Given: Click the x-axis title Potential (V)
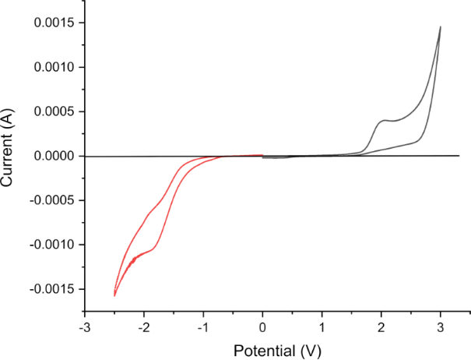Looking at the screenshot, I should click(262, 350).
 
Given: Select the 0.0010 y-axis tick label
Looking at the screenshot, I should click(54, 68).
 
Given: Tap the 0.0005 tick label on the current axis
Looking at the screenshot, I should click(54, 112).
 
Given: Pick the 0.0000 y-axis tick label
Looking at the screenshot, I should click(54, 157).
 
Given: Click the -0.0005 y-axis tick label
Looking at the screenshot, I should click(52, 201).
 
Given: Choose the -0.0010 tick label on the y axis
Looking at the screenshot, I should click(52, 245).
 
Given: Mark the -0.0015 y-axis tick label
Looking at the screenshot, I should click(52, 290).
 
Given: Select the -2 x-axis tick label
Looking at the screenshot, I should click(142, 327).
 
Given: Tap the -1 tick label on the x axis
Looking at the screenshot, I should click(202, 327).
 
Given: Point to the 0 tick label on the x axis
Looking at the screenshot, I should click(262, 327).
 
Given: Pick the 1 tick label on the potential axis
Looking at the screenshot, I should click(322, 327).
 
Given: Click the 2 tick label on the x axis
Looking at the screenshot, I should click(381, 327).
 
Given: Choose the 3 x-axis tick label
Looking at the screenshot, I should click(441, 327).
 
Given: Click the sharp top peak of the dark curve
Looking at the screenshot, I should click(441, 26).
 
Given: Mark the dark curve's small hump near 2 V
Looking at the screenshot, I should click(384, 120).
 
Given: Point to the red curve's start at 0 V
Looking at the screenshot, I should click(262, 154).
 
